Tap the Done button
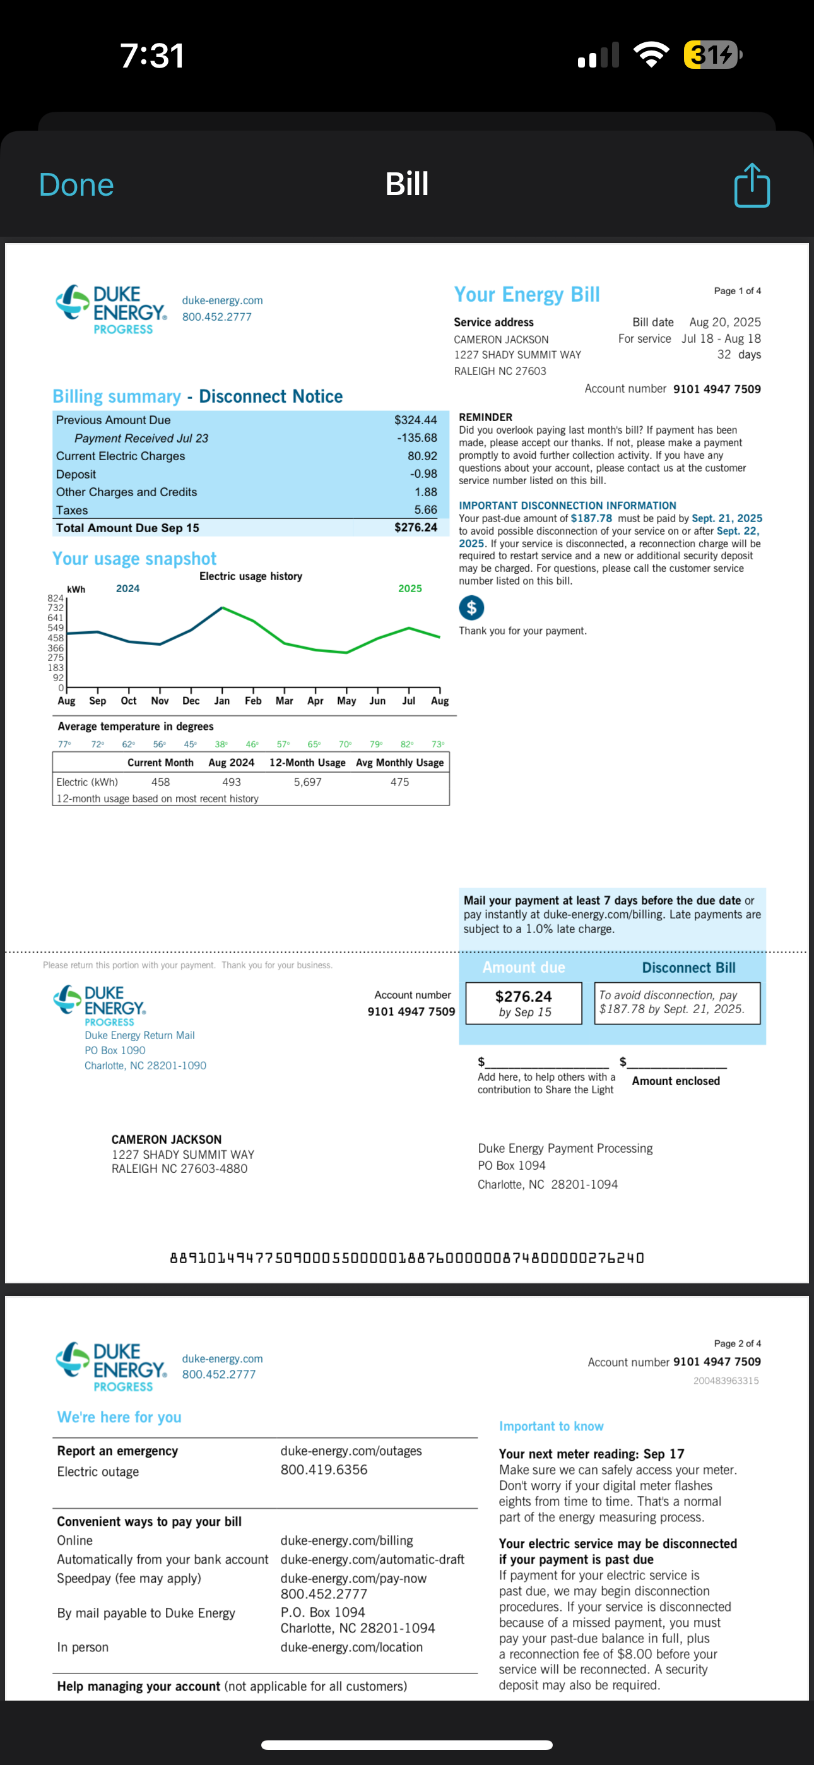76,185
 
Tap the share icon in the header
752,185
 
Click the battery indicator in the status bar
712,55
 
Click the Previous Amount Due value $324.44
415,420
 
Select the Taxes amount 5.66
425,510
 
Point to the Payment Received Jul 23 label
141,439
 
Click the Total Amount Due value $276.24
415,528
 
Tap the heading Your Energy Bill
526,295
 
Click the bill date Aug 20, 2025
725,322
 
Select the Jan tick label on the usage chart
222,701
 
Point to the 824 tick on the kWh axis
56,598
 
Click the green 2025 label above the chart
410,588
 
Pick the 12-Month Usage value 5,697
308,781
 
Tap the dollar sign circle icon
471,607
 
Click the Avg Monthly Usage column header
399,763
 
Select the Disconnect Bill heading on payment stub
688,968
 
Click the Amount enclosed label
676,1081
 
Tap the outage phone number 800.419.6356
324,1470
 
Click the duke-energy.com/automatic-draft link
372,1559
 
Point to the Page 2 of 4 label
736,1343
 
